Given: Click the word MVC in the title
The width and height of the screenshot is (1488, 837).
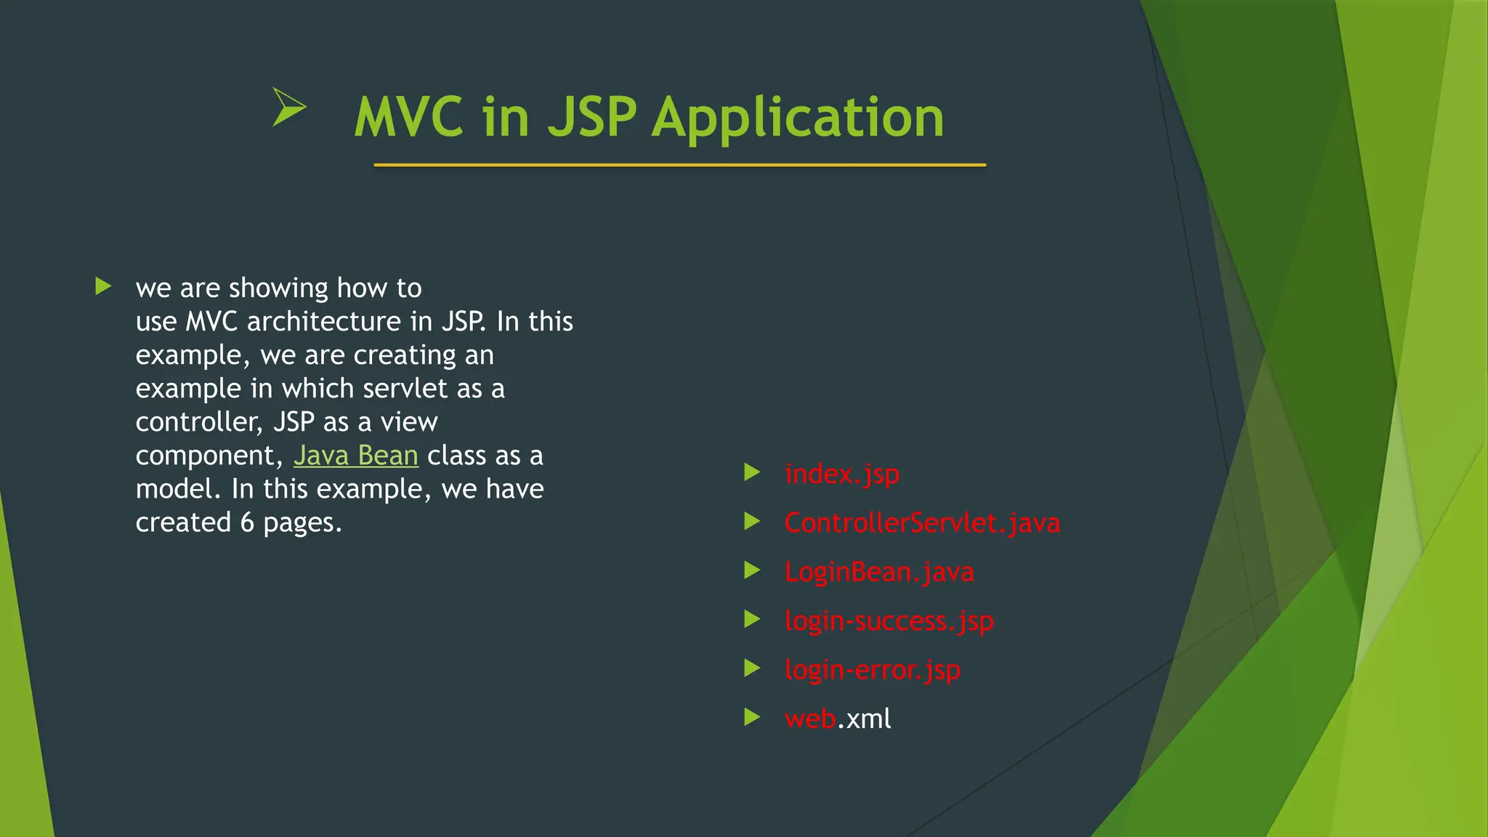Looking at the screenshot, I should click(408, 118).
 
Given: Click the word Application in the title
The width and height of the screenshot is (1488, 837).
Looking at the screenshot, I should click(798, 118).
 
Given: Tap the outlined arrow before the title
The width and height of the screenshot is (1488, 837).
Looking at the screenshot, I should click(289, 107).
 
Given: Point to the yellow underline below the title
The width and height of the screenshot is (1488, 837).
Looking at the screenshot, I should click(679, 166).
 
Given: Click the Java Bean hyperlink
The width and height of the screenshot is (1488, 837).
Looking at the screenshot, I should click(356, 456).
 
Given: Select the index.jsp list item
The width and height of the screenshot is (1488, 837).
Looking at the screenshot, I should click(842, 474).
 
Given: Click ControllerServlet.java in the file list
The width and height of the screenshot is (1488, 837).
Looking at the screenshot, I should click(922, 523).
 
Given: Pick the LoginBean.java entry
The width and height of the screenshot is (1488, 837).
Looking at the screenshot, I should click(879, 572).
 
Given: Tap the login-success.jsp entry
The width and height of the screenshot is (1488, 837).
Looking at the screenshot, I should click(889, 621).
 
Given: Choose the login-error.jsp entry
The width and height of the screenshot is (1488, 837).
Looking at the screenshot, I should click(872, 670).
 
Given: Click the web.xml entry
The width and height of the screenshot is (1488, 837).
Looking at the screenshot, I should click(838, 719).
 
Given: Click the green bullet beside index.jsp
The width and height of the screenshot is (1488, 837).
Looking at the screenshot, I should click(752, 473).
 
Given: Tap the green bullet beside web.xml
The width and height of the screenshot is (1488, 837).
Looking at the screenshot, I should click(752, 718).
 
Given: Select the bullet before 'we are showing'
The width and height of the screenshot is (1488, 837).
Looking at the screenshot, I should click(103, 286).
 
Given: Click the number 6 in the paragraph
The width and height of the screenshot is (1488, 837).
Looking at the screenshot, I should click(247, 523).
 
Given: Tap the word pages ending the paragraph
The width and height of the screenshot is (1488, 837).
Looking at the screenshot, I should click(301, 523).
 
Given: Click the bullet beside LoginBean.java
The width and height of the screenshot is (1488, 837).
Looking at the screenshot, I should click(752, 571).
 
